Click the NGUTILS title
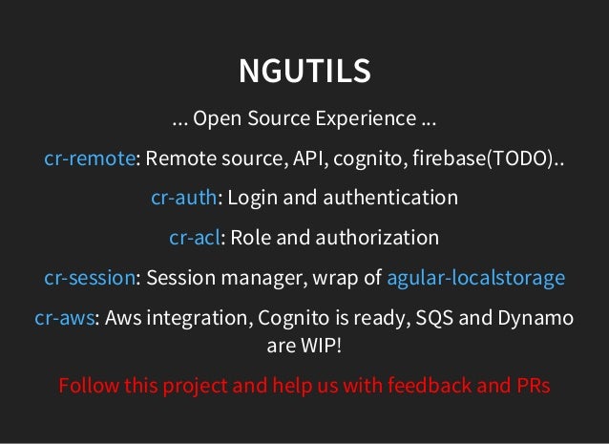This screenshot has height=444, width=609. pos(304,72)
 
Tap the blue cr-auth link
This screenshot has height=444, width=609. pos(184,198)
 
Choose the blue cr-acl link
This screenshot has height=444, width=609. pos(195,237)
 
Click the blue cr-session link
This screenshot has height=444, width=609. pos(89,278)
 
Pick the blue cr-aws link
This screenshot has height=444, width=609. pos(64,318)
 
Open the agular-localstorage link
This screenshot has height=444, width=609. pos(475,278)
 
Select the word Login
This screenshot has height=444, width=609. pos(252,198)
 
